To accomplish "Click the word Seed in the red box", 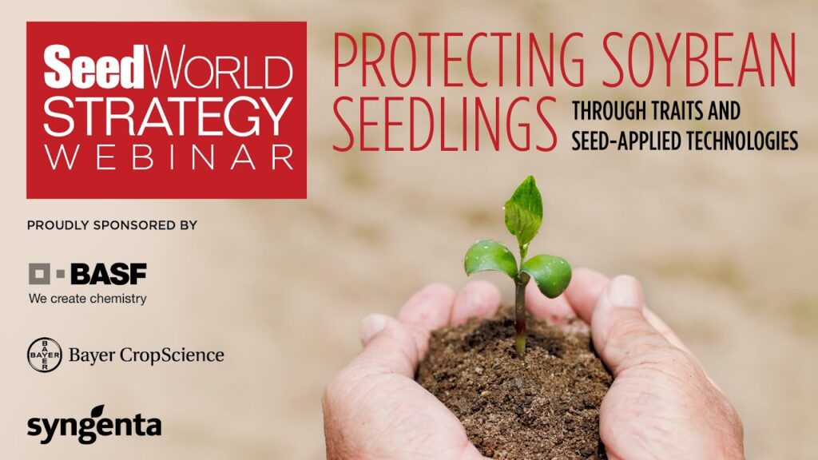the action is (93, 67).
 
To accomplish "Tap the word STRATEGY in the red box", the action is (167, 117).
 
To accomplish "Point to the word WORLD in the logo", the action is (218, 67).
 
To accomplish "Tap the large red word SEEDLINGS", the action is (444, 124).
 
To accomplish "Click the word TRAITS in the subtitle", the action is (670, 111).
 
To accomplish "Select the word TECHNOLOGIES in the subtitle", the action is (737, 141).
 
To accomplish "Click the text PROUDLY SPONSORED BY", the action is (112, 225).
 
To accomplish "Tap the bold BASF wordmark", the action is (109, 274).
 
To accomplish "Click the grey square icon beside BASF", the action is (40, 274).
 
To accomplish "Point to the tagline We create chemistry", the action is (88, 299).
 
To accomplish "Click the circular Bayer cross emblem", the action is (45, 355).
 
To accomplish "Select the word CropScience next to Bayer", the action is (173, 355).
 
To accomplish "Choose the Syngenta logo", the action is (94, 424).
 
